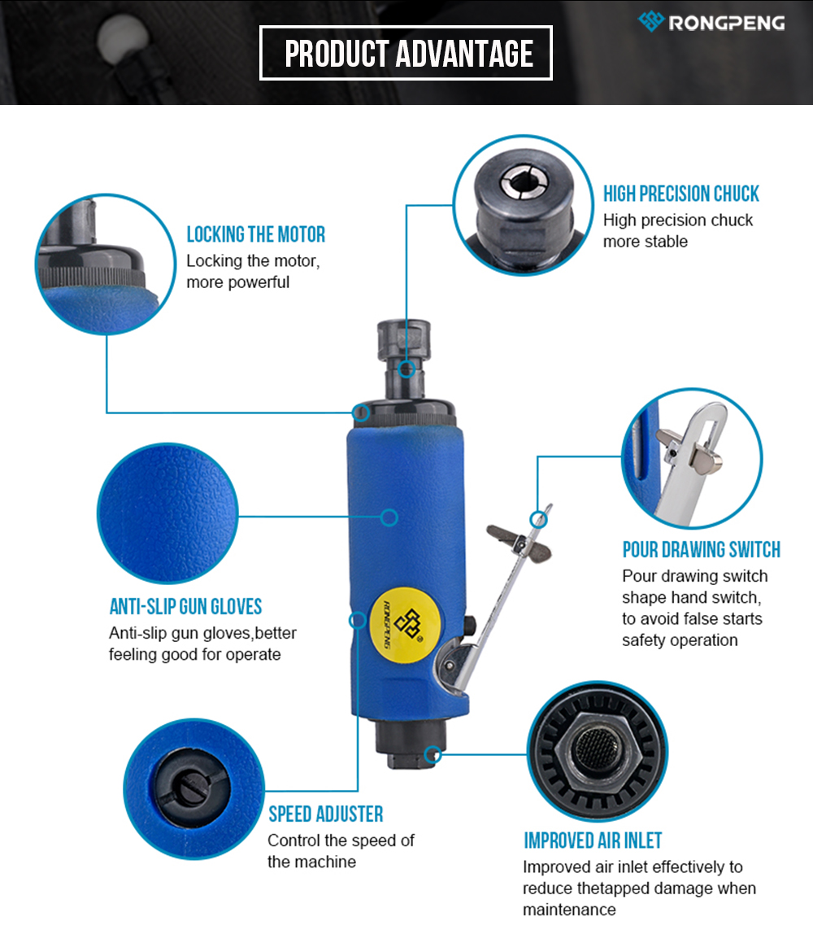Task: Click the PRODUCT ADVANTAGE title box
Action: pos(406,53)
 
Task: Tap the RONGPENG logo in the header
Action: pos(711,22)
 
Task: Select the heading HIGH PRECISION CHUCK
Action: pos(680,194)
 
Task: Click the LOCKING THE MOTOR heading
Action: pos(255,234)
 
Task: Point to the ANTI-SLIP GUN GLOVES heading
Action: pos(185,606)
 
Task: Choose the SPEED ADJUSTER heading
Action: pos(325,814)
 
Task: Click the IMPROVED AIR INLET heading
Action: pos(593,840)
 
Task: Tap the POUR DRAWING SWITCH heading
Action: pos(702,549)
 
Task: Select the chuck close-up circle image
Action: pos(523,205)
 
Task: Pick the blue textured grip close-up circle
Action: pos(167,513)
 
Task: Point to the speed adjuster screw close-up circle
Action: pos(193,789)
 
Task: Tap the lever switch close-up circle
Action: pos(692,458)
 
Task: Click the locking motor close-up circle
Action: pos(106,264)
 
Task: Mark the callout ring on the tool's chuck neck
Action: pos(406,369)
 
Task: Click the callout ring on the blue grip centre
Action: pos(389,517)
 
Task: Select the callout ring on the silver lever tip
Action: pos(539,520)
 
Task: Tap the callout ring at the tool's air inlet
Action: pos(433,754)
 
